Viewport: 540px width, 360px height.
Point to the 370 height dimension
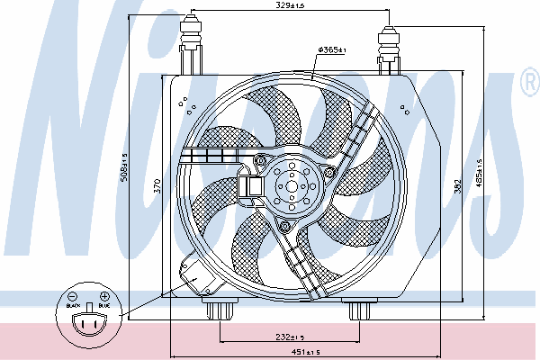157,187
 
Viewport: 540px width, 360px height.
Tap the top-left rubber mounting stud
193,40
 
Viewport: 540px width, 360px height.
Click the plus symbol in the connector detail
104,296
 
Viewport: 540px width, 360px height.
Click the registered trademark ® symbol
529,84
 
